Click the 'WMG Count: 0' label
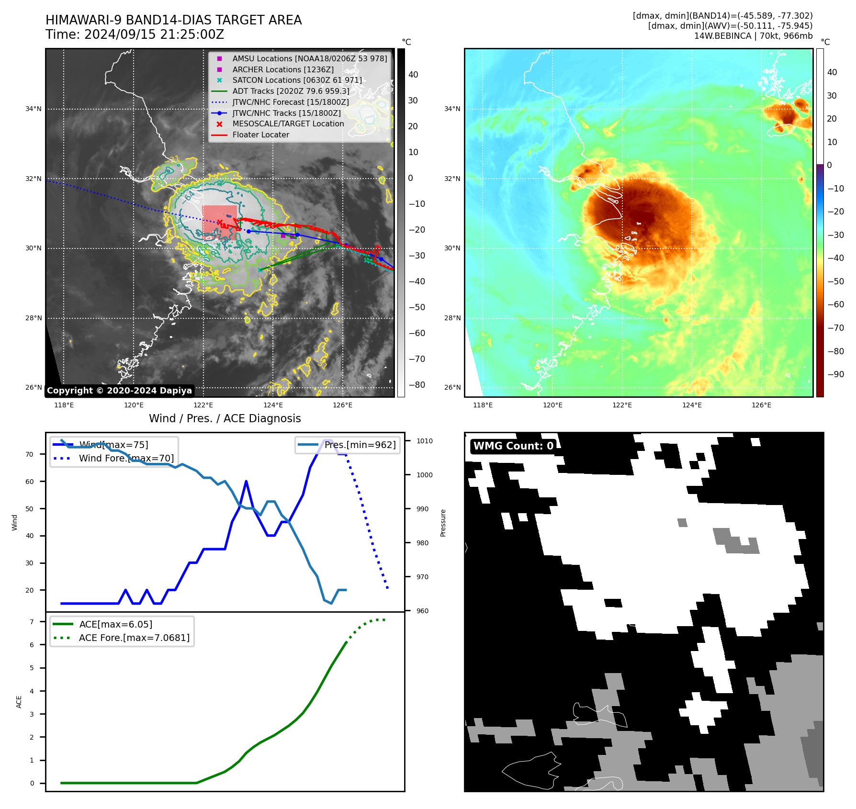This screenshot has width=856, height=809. [513, 446]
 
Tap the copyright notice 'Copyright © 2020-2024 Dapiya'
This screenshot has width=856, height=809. [119, 391]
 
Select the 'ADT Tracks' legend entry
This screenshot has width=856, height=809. [291, 91]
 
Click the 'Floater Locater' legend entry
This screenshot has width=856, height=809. [260, 135]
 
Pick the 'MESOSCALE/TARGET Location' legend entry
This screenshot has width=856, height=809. [288, 124]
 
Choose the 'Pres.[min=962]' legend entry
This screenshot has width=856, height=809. [360, 445]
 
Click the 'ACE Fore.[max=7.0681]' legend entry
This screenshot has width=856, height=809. [134, 638]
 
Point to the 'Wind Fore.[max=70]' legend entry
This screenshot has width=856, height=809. [126, 459]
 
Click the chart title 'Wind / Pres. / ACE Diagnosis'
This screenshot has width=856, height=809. [225, 418]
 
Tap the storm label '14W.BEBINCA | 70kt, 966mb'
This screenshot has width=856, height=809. [753, 36]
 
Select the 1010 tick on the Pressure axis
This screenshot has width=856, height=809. [424, 441]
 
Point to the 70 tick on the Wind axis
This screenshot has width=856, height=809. [30, 454]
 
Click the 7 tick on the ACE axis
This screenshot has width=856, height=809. [32, 622]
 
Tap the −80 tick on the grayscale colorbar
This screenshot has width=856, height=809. [417, 385]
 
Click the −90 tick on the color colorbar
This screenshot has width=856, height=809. [835, 374]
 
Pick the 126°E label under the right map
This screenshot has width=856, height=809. [761, 405]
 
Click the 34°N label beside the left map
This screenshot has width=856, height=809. [34, 109]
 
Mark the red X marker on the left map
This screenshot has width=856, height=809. [219, 222]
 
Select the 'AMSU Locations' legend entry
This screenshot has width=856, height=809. [309, 59]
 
